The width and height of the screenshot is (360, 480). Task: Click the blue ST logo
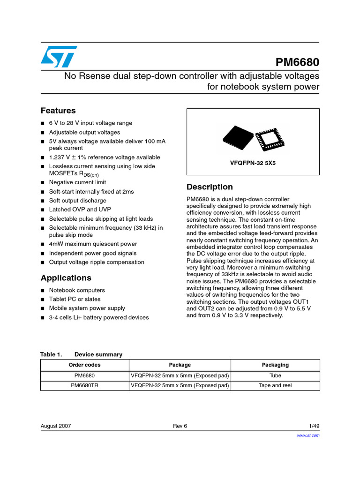pyautogui.click(x=58, y=57)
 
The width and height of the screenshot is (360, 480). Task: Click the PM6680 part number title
pyautogui.click(x=296, y=63)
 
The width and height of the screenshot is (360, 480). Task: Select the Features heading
pyautogui.click(x=58, y=111)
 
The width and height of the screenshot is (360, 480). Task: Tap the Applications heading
pyautogui.click(x=66, y=277)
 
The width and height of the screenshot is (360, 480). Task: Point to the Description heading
pyautogui.click(x=210, y=187)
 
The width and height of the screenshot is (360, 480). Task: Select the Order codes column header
pyautogui.click(x=85, y=365)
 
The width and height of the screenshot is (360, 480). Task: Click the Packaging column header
pyautogui.click(x=275, y=365)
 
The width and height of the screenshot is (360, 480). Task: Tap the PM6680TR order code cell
pyautogui.click(x=85, y=385)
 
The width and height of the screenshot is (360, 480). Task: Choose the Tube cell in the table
pyautogui.click(x=275, y=375)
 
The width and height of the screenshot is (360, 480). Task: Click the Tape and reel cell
pyautogui.click(x=275, y=385)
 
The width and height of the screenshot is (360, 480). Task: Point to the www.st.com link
pyautogui.click(x=308, y=435)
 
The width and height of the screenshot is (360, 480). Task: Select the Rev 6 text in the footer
pyautogui.click(x=180, y=426)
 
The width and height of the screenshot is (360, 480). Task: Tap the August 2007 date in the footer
pyautogui.click(x=56, y=426)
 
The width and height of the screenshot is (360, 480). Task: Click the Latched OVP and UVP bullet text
pyautogui.click(x=80, y=210)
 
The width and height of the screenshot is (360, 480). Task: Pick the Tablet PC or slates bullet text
pyautogui.click(x=75, y=299)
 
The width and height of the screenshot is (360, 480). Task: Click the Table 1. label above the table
pyautogui.click(x=51, y=354)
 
